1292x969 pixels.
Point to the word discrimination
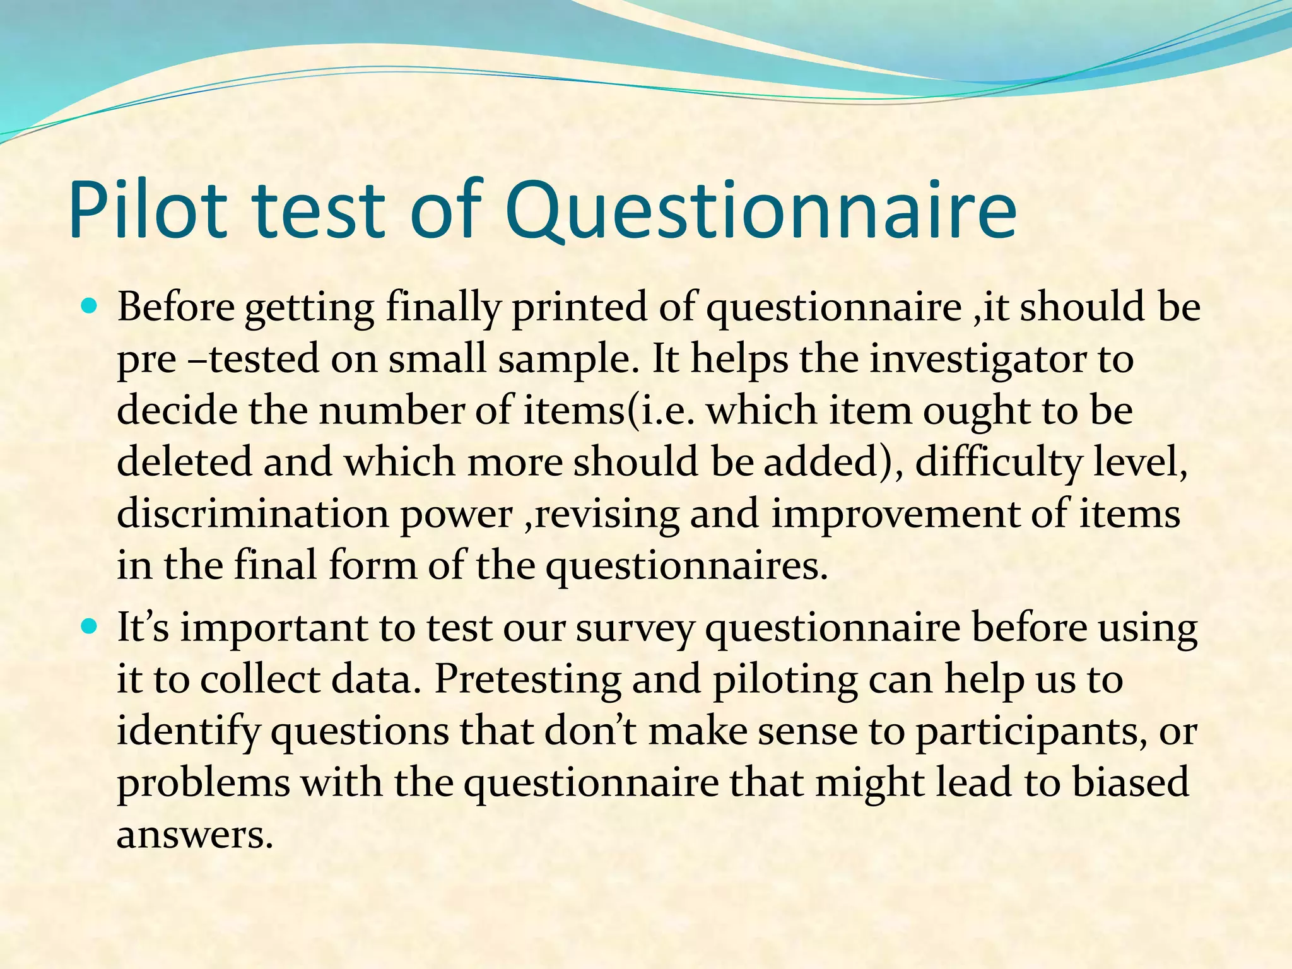click(x=252, y=514)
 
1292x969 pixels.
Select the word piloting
click(x=785, y=681)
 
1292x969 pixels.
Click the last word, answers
click(x=195, y=835)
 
